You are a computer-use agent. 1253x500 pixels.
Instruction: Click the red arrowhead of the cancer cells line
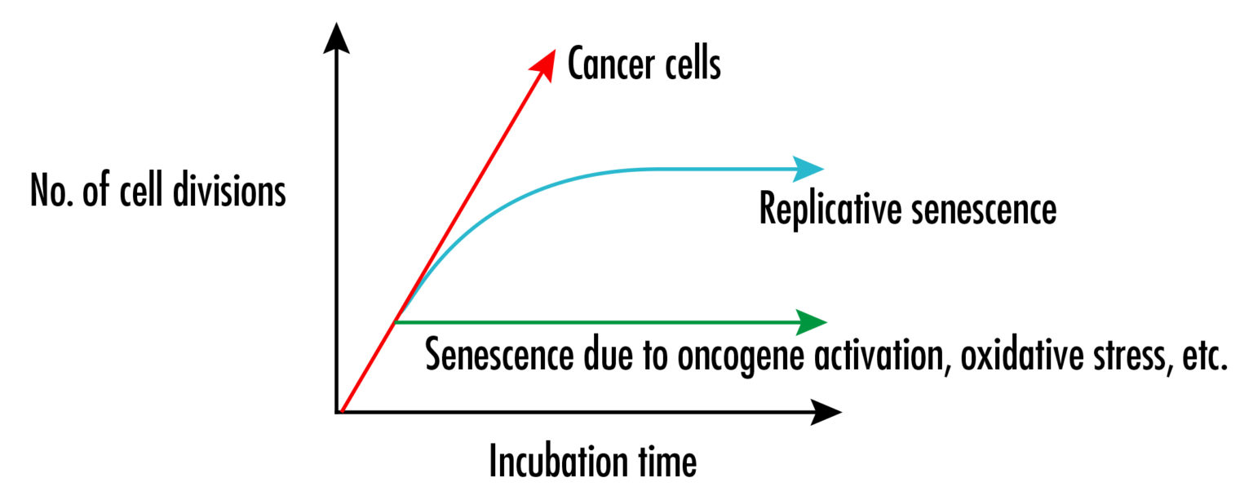[546, 60]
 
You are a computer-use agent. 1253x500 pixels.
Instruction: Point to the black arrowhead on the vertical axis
[336, 38]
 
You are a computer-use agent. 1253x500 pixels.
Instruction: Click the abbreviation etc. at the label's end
[1201, 357]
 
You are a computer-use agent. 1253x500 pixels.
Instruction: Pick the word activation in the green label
[866, 357]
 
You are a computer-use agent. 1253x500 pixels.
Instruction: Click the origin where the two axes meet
[337, 412]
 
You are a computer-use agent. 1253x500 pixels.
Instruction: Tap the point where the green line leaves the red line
[395, 322]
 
